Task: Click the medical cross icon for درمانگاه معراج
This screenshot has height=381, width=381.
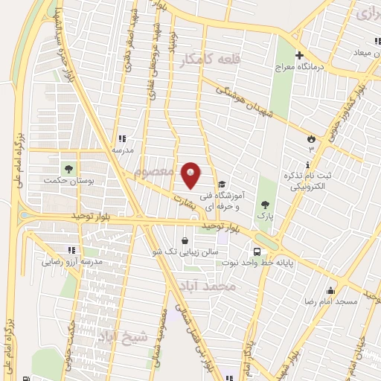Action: [x=300, y=55]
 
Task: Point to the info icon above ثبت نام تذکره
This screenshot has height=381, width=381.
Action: [x=308, y=165]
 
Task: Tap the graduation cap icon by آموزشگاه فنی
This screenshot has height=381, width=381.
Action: [x=222, y=184]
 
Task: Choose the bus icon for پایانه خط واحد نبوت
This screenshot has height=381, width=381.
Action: [x=257, y=252]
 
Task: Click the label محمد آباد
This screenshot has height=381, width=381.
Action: [x=208, y=286]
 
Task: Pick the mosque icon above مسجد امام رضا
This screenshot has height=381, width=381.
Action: [x=330, y=290]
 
